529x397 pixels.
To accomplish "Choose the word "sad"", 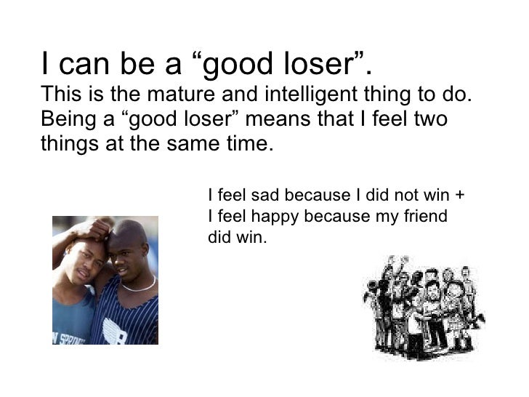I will pos(264,196).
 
